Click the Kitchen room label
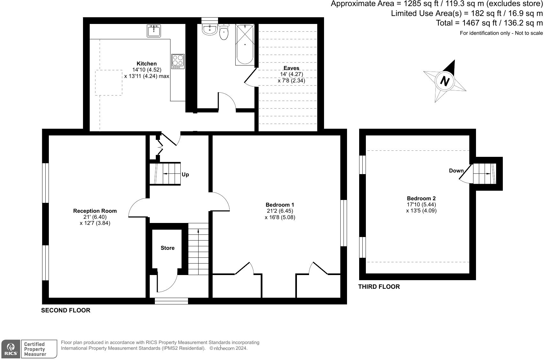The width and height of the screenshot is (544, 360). (x=147, y=64)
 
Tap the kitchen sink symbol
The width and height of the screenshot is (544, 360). (x=154, y=31)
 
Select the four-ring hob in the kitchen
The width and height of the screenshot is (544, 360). (x=178, y=61)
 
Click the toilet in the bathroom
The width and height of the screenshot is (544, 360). (x=224, y=32)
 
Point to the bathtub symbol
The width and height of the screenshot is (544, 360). (x=245, y=44)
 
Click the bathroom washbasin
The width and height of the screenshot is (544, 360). (x=210, y=29)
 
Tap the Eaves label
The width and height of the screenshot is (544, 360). (x=291, y=68)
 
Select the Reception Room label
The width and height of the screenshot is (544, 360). (x=95, y=211)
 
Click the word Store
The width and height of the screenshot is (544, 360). (x=167, y=248)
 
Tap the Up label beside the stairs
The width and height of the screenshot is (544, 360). (x=185, y=174)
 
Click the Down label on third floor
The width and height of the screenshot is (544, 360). (x=456, y=171)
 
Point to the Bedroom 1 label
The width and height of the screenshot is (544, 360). (x=280, y=205)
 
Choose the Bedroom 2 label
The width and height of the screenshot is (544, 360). (x=421, y=198)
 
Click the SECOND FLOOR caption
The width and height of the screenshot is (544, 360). (x=66, y=310)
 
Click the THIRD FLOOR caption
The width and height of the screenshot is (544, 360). (x=379, y=287)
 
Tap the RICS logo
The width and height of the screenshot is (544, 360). (x=11, y=349)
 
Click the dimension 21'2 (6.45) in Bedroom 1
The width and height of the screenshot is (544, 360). (x=280, y=211)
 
